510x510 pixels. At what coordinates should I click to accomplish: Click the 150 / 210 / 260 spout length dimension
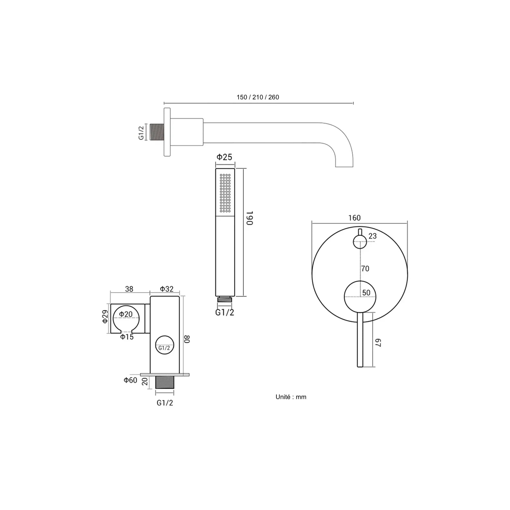(258, 97)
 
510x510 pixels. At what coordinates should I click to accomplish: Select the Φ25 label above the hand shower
(224, 157)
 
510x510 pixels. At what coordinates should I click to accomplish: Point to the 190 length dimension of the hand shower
(250, 218)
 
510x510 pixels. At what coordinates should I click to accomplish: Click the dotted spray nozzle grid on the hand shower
(225, 193)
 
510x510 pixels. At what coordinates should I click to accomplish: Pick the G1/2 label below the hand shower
(225, 312)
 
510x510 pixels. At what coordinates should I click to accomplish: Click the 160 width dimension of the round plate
(354, 218)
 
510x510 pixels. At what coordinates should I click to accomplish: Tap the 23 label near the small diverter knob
(372, 236)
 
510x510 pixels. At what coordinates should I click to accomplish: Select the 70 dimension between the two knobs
(365, 269)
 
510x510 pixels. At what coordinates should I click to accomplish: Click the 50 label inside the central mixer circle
(366, 293)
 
